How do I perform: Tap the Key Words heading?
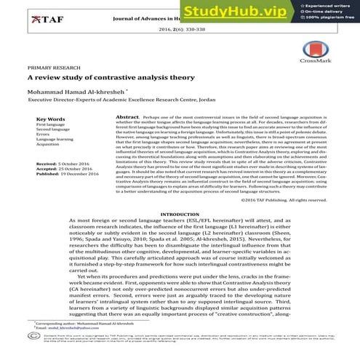pyautogui.click(x=50, y=118)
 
